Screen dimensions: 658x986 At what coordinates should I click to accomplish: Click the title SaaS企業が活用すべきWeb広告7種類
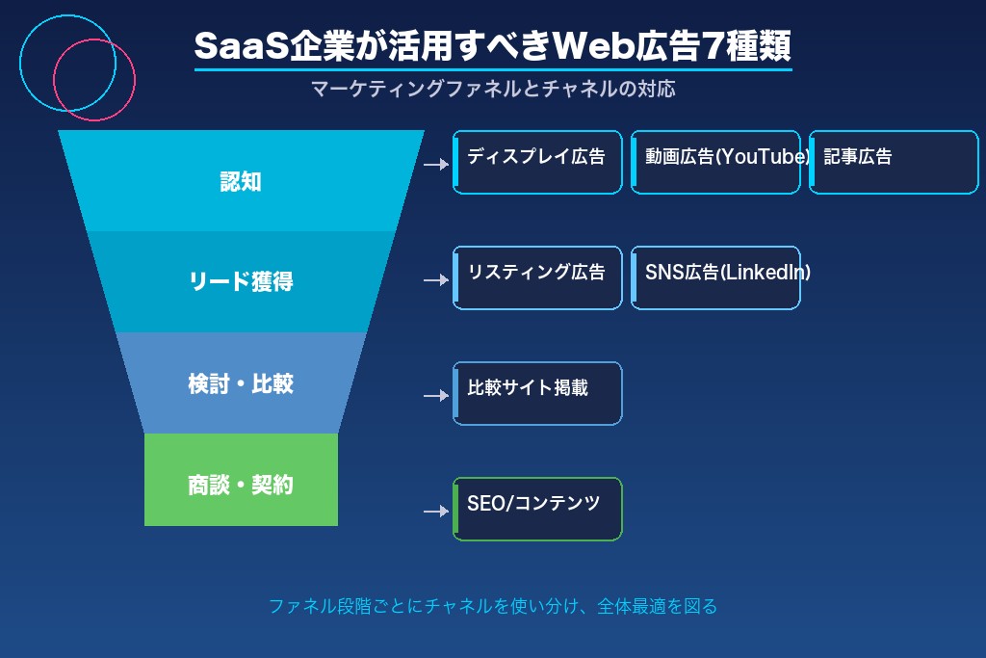[493, 45]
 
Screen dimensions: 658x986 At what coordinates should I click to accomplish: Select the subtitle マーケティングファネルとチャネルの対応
[493, 89]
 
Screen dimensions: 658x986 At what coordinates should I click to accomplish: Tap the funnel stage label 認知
[241, 181]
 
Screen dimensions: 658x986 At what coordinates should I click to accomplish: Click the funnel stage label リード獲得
[241, 281]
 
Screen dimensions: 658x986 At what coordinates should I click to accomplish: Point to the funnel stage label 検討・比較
[241, 383]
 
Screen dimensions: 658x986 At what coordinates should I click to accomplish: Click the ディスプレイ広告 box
[537, 162]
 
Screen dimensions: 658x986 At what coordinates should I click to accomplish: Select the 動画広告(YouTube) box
[715, 162]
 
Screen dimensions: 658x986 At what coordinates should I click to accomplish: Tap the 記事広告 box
[894, 162]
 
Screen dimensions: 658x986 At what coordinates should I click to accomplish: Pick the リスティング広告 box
[537, 277]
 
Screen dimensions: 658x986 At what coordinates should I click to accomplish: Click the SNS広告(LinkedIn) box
[715, 277]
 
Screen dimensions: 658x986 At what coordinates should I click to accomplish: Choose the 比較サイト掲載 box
[537, 393]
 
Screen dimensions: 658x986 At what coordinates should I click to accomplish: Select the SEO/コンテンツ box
[537, 509]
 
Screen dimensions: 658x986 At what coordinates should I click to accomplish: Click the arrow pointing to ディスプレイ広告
[436, 165]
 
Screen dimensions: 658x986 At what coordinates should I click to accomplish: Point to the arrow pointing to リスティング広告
[436, 280]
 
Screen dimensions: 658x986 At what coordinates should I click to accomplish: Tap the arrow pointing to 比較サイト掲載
[436, 396]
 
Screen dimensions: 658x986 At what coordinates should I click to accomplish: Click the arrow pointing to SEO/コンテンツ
[436, 512]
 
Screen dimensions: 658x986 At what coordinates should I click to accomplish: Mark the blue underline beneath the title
[493, 69]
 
